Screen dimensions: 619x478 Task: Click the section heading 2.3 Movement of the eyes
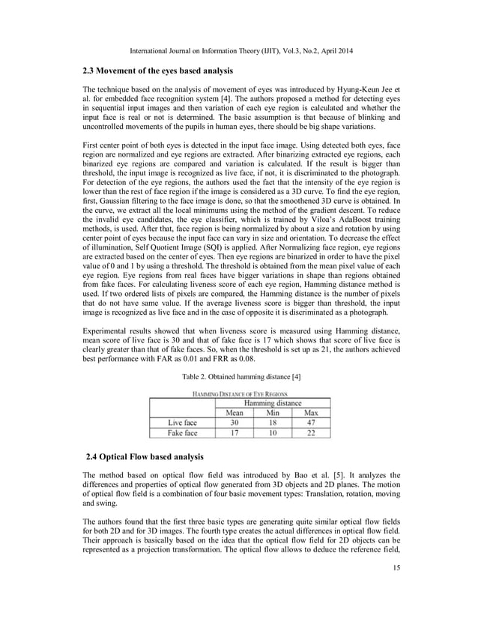[158, 70]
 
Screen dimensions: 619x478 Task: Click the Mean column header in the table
[236, 412]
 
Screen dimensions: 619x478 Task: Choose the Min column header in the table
[272, 412]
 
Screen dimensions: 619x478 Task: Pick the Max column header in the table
[309, 412]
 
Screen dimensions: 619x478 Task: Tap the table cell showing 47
[309, 423]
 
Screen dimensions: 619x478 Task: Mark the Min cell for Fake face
[272, 433]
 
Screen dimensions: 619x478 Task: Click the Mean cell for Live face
[236, 423]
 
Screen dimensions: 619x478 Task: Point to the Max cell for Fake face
[309, 433]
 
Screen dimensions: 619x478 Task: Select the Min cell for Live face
[272, 423]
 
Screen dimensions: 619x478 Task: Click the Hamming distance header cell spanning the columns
[272, 402]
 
